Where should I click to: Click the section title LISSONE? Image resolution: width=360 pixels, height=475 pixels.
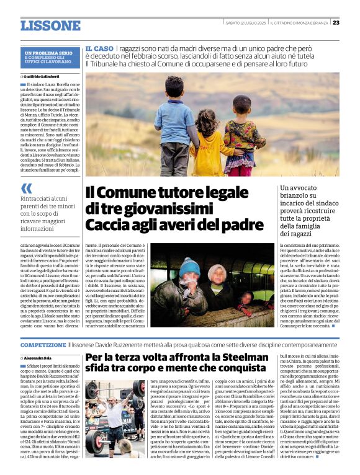tap(50, 25)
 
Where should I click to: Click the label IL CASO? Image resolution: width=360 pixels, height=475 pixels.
tap(99, 48)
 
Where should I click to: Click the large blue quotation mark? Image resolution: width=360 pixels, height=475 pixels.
tap(26, 189)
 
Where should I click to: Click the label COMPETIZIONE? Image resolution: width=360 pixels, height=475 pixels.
tap(43, 344)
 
